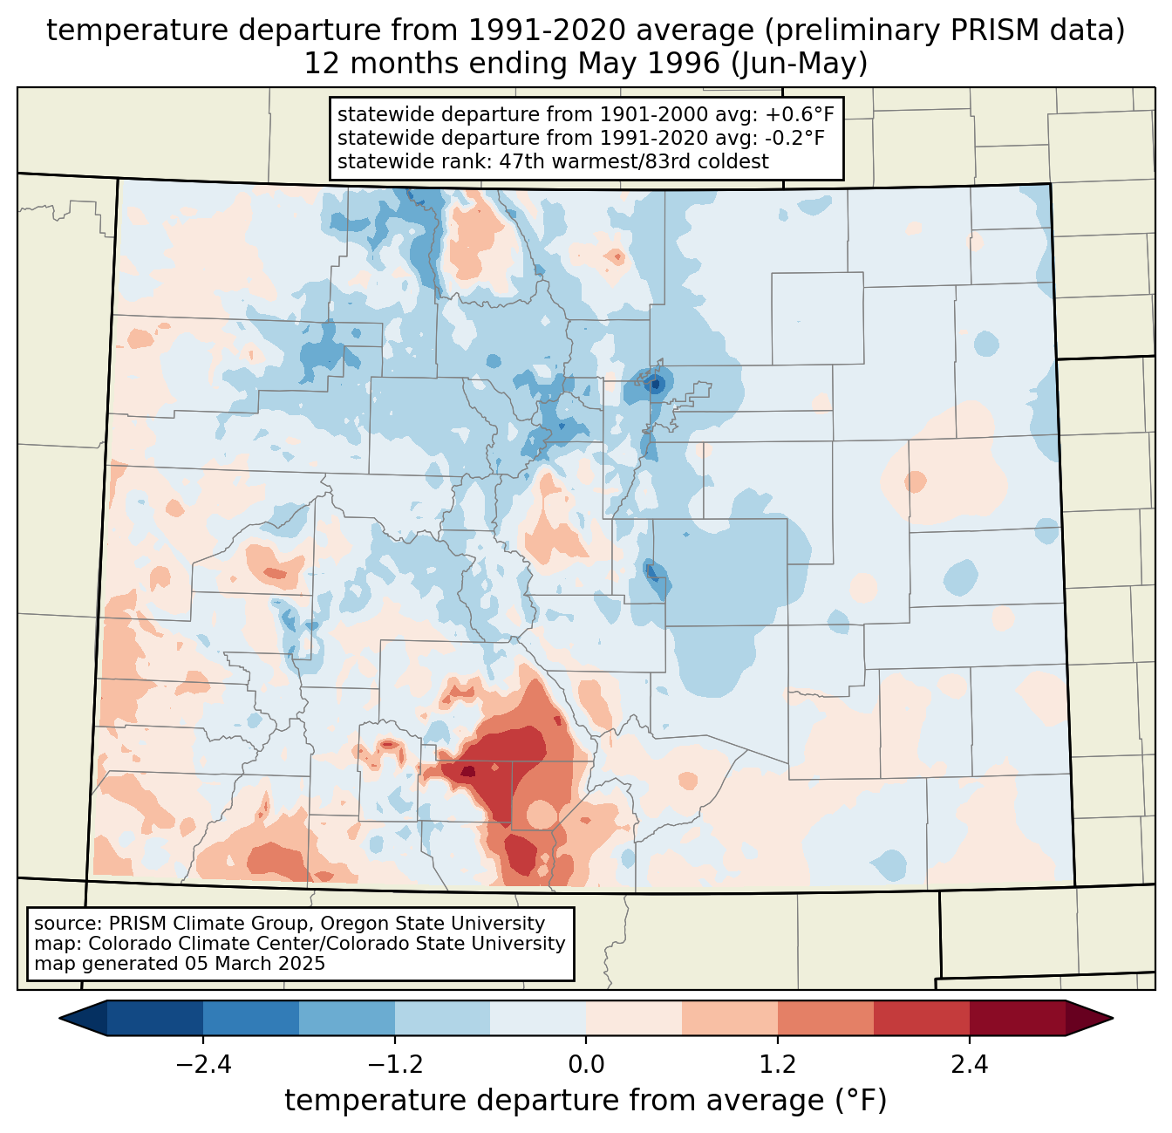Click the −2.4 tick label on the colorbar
[203, 1065]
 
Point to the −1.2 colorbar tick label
[395, 1065]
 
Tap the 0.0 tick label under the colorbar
[586, 1065]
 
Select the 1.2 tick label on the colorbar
[778, 1065]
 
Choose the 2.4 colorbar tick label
[970, 1065]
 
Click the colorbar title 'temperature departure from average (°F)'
[586, 1101]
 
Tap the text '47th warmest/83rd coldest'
[634, 161]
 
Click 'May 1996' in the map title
[649, 64]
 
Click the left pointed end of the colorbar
[60, 1019]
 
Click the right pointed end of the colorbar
[1112, 1019]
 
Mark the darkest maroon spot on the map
[467, 771]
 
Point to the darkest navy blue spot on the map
[656, 384]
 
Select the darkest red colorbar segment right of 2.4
[1018, 1019]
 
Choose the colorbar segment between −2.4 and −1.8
[251, 1019]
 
